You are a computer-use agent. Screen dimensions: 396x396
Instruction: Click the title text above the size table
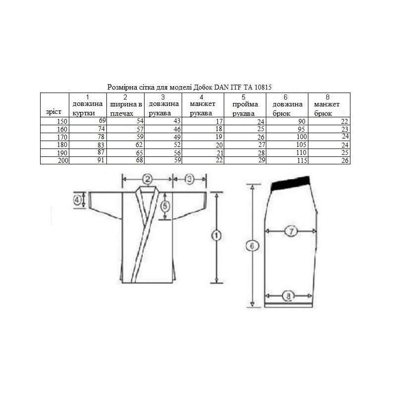click(190, 87)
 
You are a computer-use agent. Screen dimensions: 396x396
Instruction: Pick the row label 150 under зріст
click(62, 121)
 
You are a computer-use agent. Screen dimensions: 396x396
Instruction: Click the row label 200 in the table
click(63, 160)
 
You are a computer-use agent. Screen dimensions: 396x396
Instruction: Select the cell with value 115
click(302, 160)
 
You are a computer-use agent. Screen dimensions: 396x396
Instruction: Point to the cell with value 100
click(301, 137)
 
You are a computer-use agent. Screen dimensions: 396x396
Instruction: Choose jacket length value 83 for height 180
click(101, 145)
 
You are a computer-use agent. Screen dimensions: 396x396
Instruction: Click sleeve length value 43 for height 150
click(177, 121)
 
